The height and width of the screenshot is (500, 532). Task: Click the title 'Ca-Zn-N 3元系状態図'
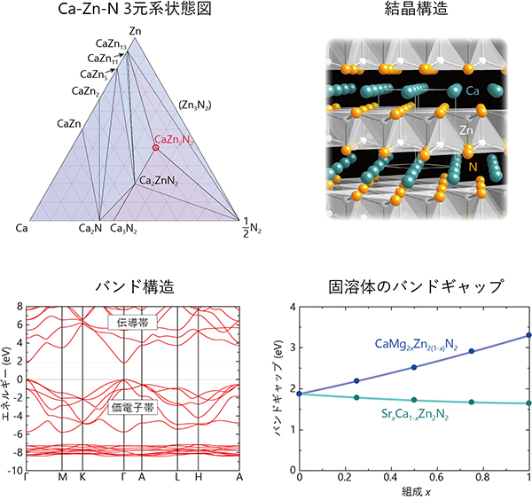click(133, 10)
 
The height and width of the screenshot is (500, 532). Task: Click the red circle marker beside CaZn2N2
click(155, 147)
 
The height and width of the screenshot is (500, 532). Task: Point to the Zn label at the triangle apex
click(134, 32)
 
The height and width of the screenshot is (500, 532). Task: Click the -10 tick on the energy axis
click(18, 471)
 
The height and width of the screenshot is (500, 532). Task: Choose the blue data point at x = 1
click(529, 335)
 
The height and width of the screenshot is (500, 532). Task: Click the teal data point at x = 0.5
click(414, 400)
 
